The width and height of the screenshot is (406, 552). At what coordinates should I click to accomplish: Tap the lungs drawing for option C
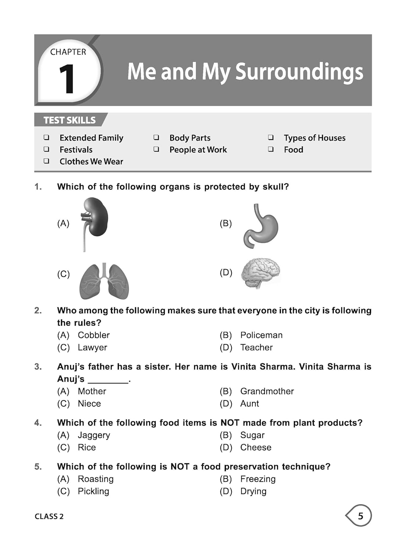coord(104,282)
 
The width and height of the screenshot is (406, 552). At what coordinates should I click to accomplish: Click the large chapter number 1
coord(67,79)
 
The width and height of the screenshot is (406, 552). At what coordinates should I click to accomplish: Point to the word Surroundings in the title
coord(299,72)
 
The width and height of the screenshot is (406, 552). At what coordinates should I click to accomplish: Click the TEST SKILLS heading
coord(70,120)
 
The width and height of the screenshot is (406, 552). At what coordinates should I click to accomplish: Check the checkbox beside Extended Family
coord(46,138)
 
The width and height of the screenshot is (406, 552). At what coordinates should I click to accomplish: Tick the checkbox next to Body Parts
coord(156,138)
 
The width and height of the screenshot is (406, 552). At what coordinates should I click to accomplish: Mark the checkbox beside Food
coord(271,149)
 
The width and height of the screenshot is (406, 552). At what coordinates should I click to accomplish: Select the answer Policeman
coord(261,335)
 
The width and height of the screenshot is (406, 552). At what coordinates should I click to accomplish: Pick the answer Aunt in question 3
coord(249,404)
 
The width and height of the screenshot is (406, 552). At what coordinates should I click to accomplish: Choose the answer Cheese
coord(256,447)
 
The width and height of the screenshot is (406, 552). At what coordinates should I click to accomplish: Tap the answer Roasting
coord(96,479)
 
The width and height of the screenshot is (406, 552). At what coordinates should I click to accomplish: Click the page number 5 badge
coord(360,516)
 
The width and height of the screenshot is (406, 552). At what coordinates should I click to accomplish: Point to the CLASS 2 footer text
coord(49,516)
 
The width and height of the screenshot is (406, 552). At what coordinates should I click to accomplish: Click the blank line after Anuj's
coord(108,380)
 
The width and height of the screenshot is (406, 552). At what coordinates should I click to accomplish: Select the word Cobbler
coord(93,335)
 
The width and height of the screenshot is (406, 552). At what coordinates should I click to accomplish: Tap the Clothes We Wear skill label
coord(91,162)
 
